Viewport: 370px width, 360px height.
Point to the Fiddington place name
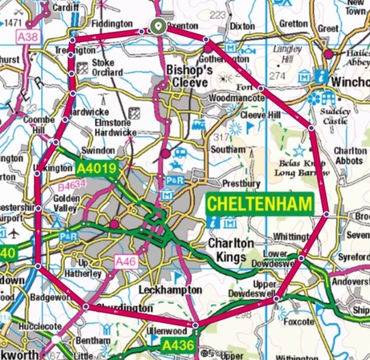[110, 24]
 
